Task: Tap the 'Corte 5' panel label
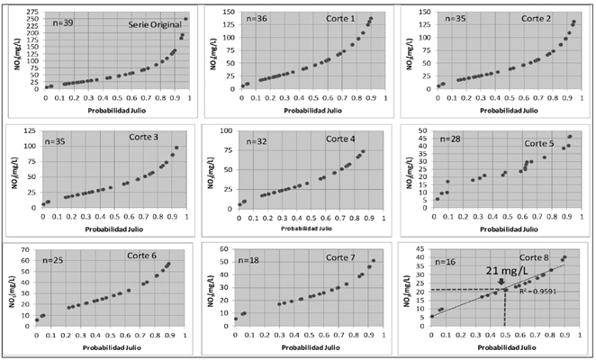click(x=538, y=143)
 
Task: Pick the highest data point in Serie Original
click(x=186, y=18)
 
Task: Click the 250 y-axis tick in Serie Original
click(x=32, y=12)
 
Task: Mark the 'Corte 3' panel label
click(x=144, y=137)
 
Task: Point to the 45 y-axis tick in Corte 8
click(x=422, y=249)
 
